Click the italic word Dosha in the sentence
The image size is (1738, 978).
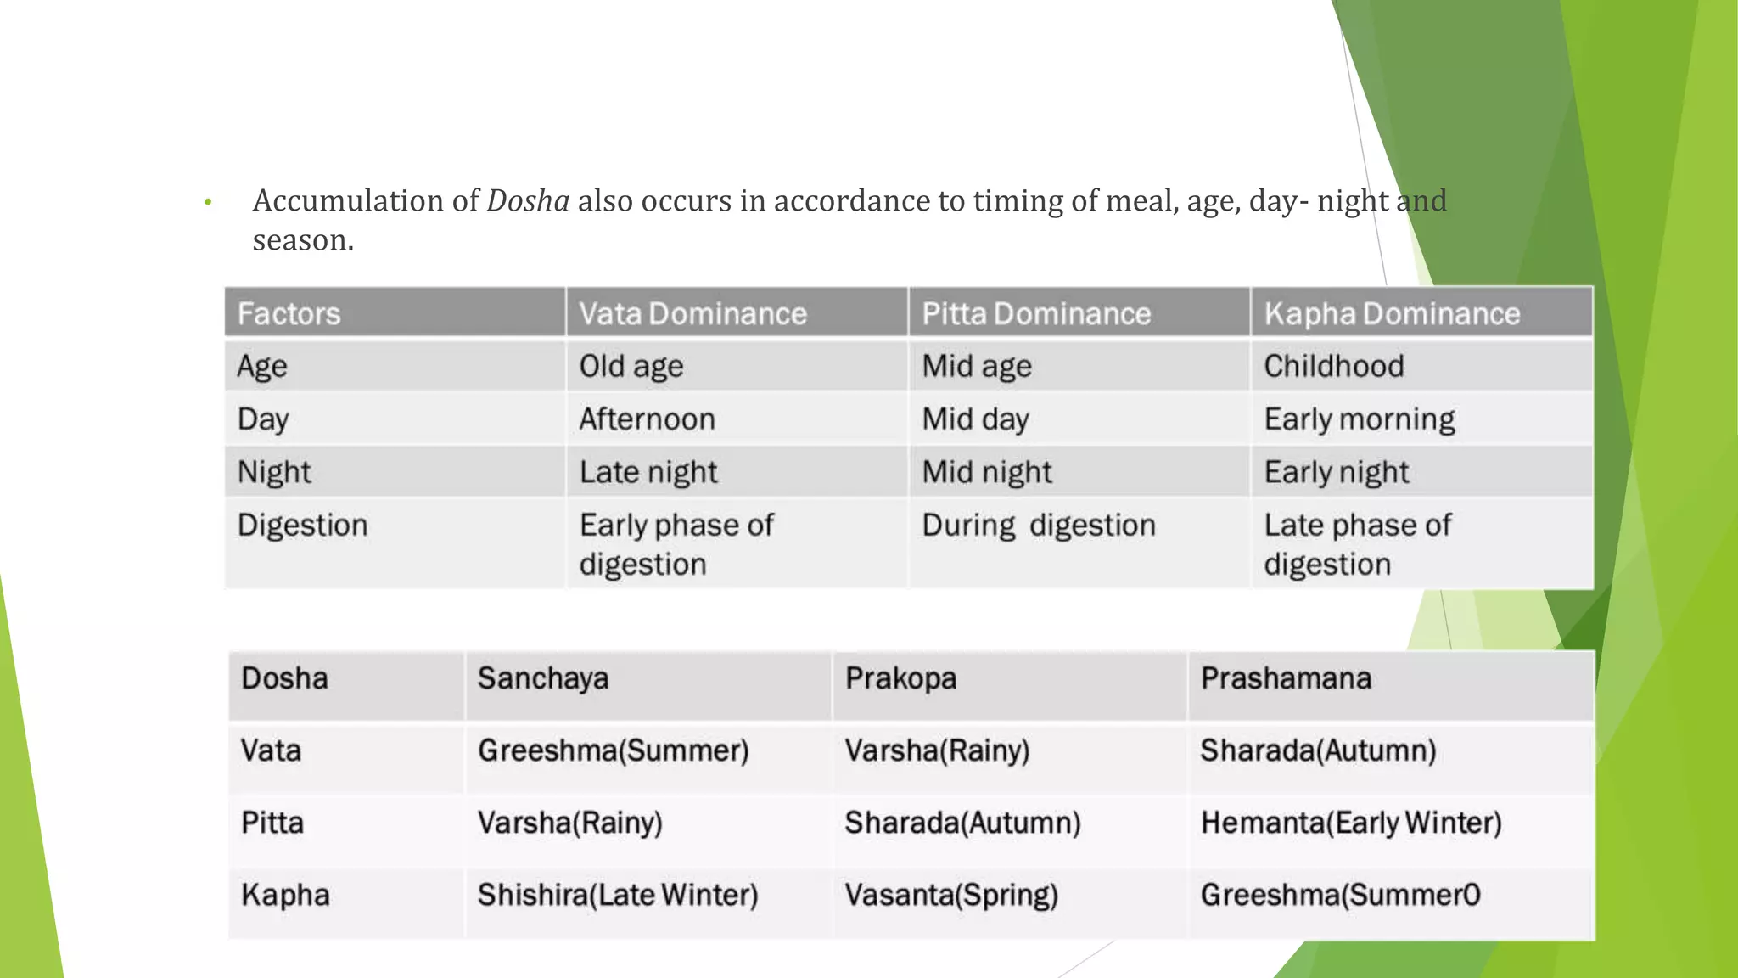click(527, 201)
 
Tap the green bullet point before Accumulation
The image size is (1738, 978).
click(208, 203)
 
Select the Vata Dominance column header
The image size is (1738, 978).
click(692, 314)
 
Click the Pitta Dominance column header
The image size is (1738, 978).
click(1036, 314)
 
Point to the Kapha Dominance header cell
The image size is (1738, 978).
click(1392, 314)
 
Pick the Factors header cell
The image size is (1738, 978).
click(289, 314)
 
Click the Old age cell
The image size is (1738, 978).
click(631, 367)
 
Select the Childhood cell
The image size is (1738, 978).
click(1334, 367)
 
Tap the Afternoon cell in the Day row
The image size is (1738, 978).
click(647, 419)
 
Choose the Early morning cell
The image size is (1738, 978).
click(1360, 419)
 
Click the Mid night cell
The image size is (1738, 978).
click(987, 472)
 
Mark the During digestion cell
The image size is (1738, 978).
click(1039, 526)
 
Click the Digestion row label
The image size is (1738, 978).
click(302, 526)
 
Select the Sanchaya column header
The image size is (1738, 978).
click(543, 678)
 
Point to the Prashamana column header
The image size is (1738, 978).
click(1286, 678)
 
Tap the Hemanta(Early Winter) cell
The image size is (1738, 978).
click(1351, 823)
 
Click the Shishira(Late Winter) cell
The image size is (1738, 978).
click(618, 895)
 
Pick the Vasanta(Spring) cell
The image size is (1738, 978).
click(951, 895)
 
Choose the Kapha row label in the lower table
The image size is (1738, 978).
click(285, 895)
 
